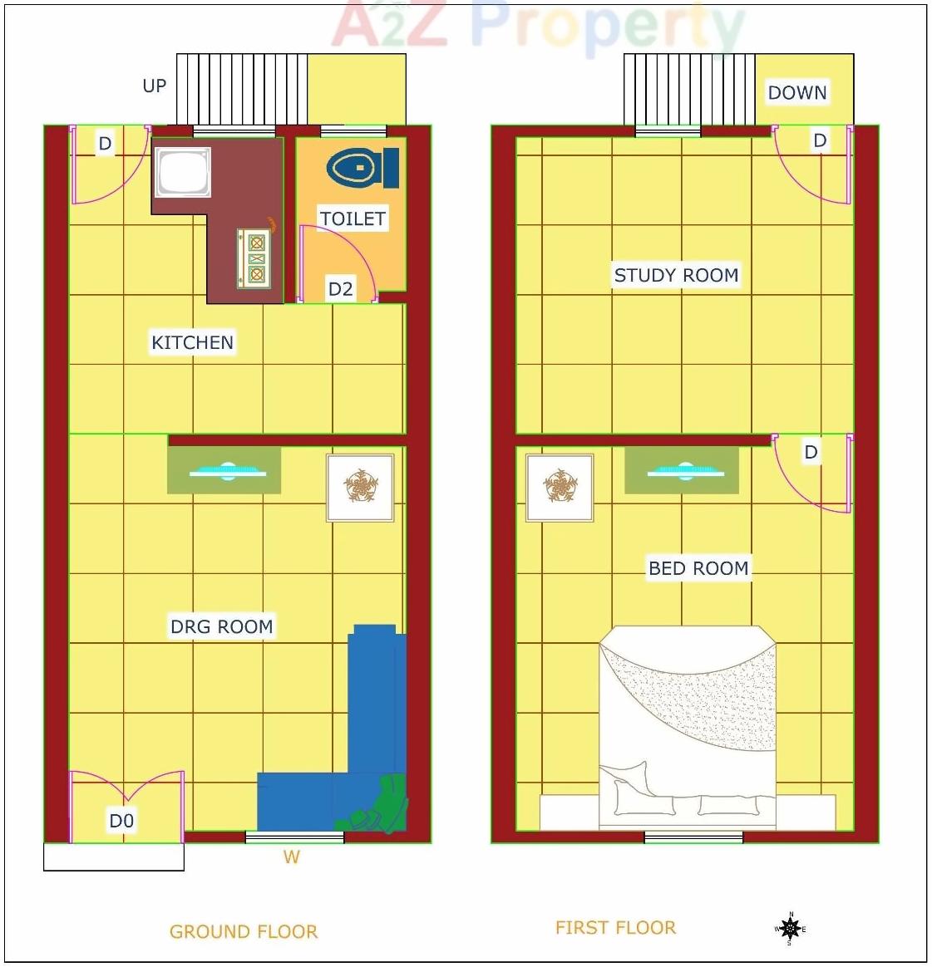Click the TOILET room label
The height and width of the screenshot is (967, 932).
[353, 218]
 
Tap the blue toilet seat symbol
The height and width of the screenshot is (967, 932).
[362, 168]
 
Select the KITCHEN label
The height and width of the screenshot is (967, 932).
[192, 342]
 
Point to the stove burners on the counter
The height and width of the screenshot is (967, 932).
[256, 258]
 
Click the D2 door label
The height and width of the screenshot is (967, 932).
[340, 289]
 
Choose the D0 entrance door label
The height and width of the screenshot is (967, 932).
[121, 821]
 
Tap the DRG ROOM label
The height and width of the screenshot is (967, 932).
[221, 626]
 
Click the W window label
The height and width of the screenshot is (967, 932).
[291, 857]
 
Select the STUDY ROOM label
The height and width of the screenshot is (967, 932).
[676, 275]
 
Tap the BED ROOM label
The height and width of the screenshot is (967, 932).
[698, 568]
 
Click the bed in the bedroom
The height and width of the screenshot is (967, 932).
[688, 723]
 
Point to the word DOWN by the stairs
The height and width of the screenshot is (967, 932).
[796, 92]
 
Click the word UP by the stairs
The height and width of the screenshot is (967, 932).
[155, 86]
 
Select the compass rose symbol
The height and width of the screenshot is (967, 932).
[790, 928]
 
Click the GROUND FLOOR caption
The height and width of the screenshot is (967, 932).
[244, 931]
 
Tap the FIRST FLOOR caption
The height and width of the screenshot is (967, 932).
[615, 927]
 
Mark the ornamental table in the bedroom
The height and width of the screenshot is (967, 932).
[560, 487]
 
